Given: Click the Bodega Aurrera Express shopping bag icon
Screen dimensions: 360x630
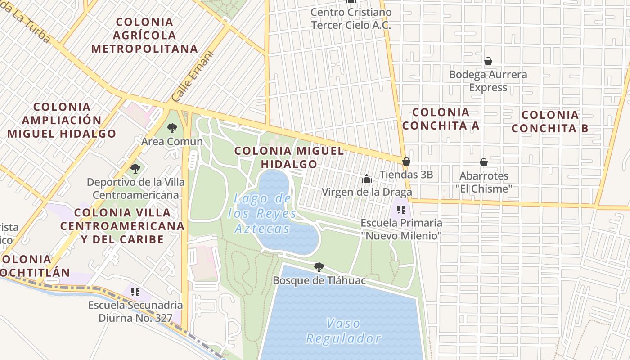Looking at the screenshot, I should (488, 61).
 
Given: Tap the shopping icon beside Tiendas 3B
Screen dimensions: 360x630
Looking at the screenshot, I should (406, 162).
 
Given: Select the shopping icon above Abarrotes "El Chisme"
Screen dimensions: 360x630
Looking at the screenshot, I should (484, 162).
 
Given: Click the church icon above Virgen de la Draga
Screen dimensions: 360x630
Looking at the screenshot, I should (366, 179).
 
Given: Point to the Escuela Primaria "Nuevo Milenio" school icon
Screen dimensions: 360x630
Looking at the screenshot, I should (401, 209).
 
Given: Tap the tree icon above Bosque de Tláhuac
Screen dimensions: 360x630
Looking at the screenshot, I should (319, 267).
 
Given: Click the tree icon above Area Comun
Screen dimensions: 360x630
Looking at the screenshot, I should (172, 128).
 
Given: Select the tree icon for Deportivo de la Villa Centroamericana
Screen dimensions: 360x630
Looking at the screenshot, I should (135, 169).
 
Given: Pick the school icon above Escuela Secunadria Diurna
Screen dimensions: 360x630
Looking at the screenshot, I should (135, 292).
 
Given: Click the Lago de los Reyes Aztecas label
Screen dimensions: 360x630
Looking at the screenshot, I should (262, 213).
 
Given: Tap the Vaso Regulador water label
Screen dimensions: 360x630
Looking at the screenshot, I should (343, 331).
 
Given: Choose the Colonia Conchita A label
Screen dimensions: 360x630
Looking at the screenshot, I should (441, 119).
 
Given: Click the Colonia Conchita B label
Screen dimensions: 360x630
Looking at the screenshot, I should (550, 122).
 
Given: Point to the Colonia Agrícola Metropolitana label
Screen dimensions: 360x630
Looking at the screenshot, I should (144, 35).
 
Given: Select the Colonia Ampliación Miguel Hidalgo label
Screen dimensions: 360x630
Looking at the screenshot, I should (62, 120).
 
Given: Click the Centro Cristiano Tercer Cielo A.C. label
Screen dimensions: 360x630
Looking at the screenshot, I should (351, 18).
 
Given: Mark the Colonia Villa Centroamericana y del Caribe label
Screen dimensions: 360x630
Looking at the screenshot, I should (122, 226).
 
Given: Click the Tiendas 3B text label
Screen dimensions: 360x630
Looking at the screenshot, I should (406, 175).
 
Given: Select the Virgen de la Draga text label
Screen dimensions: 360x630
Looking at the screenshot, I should (366, 192).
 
